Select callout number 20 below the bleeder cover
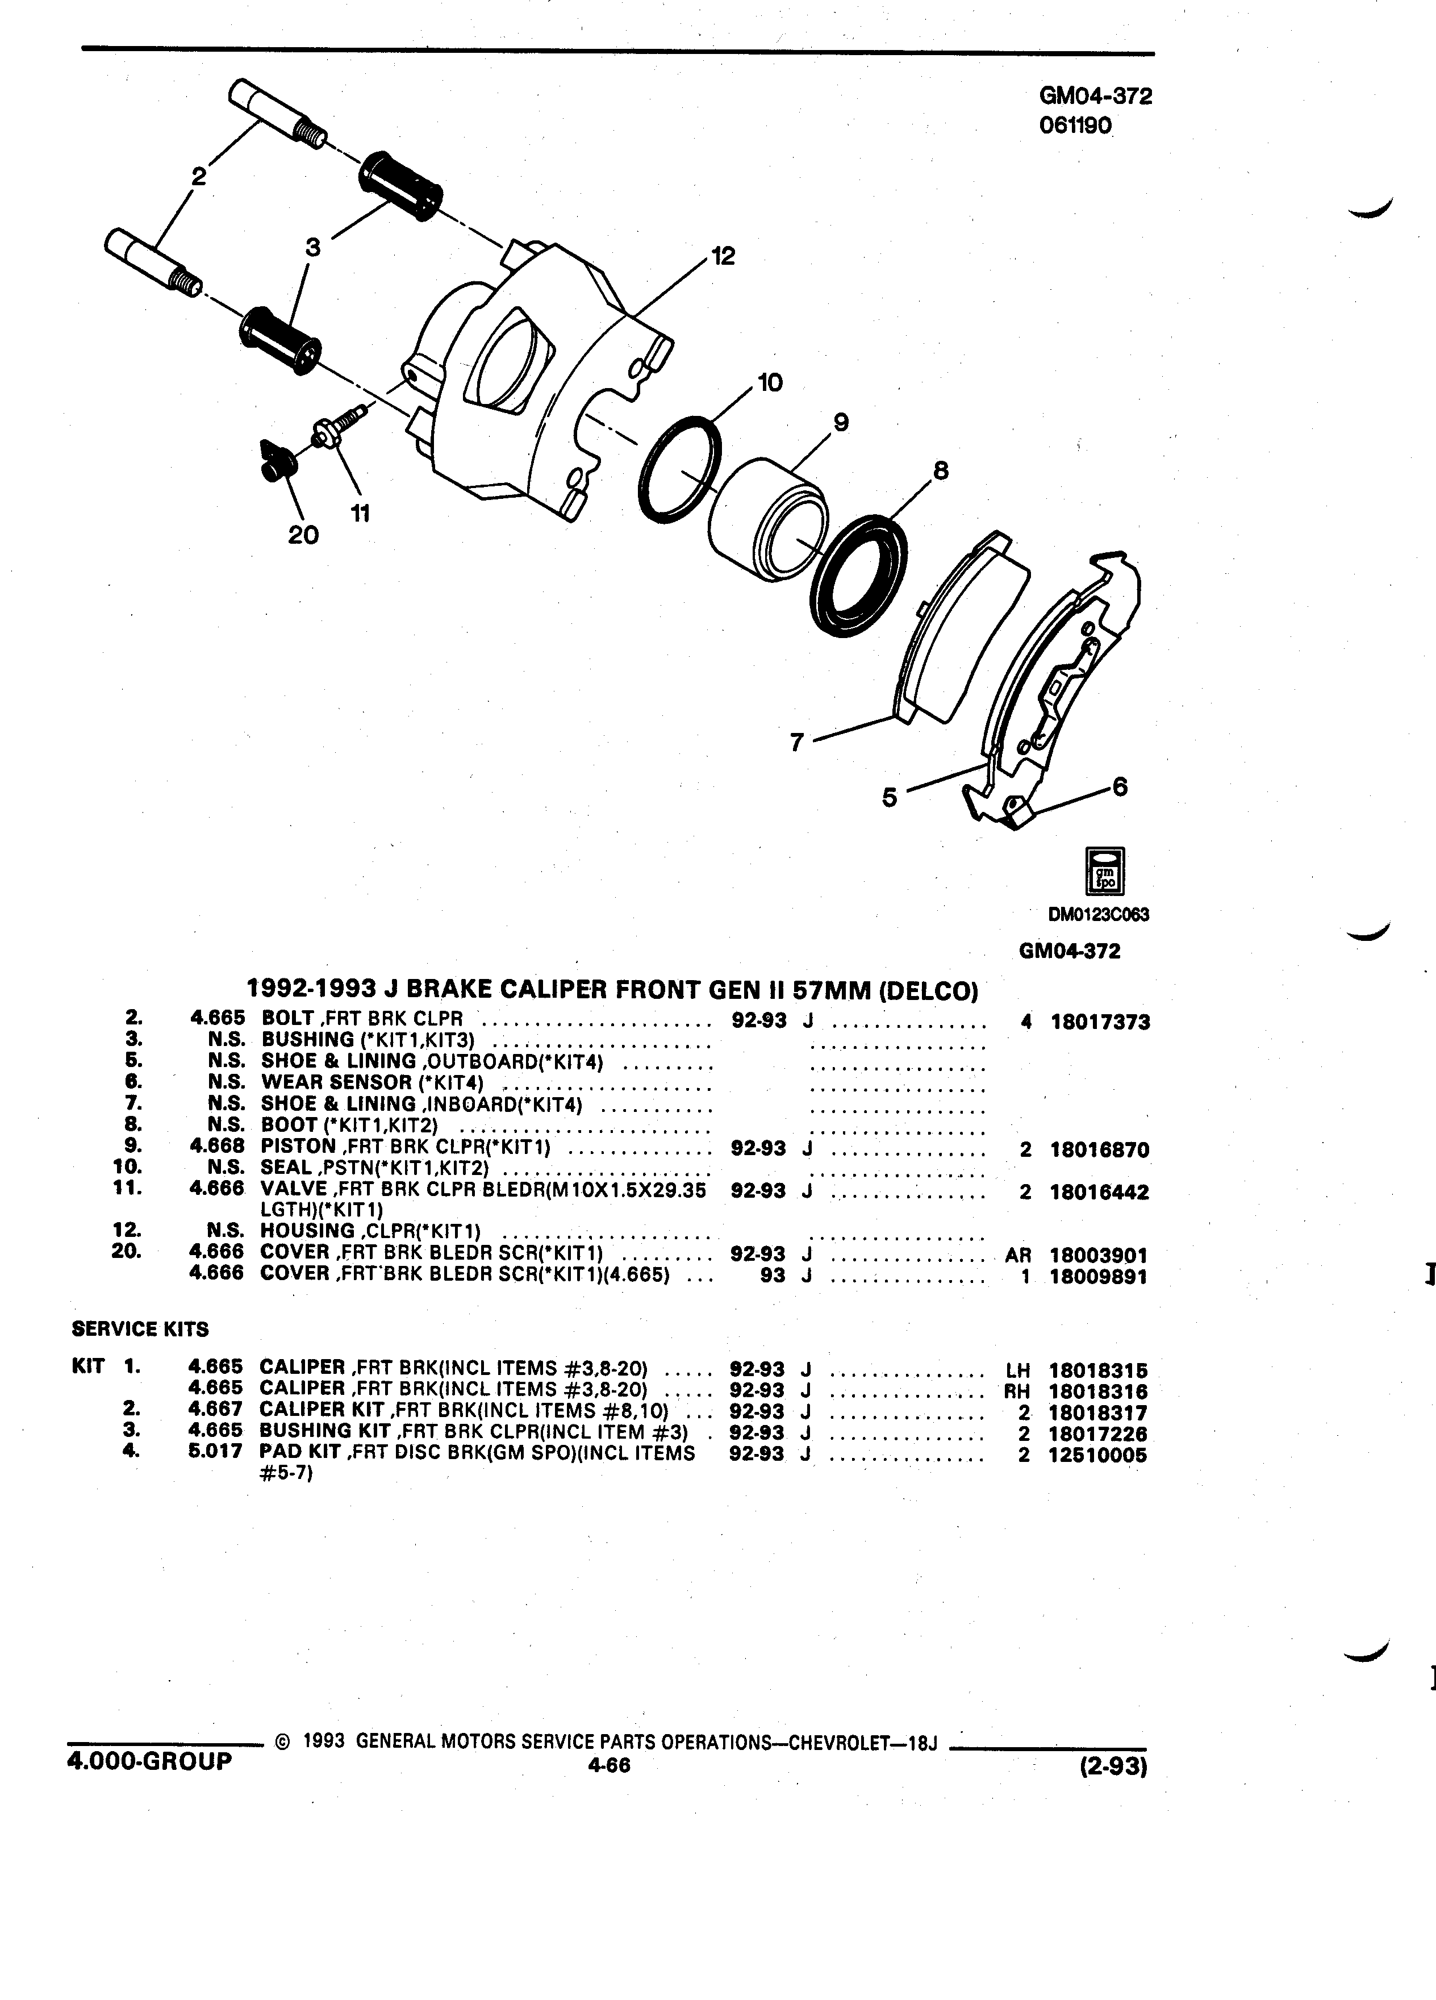tap(303, 535)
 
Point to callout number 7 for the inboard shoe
tap(797, 743)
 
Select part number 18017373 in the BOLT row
tap(1099, 1023)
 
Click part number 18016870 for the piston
tap(1099, 1150)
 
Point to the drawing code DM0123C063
tap(1099, 914)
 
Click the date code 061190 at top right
tap(1076, 127)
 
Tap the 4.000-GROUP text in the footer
tap(149, 1761)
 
